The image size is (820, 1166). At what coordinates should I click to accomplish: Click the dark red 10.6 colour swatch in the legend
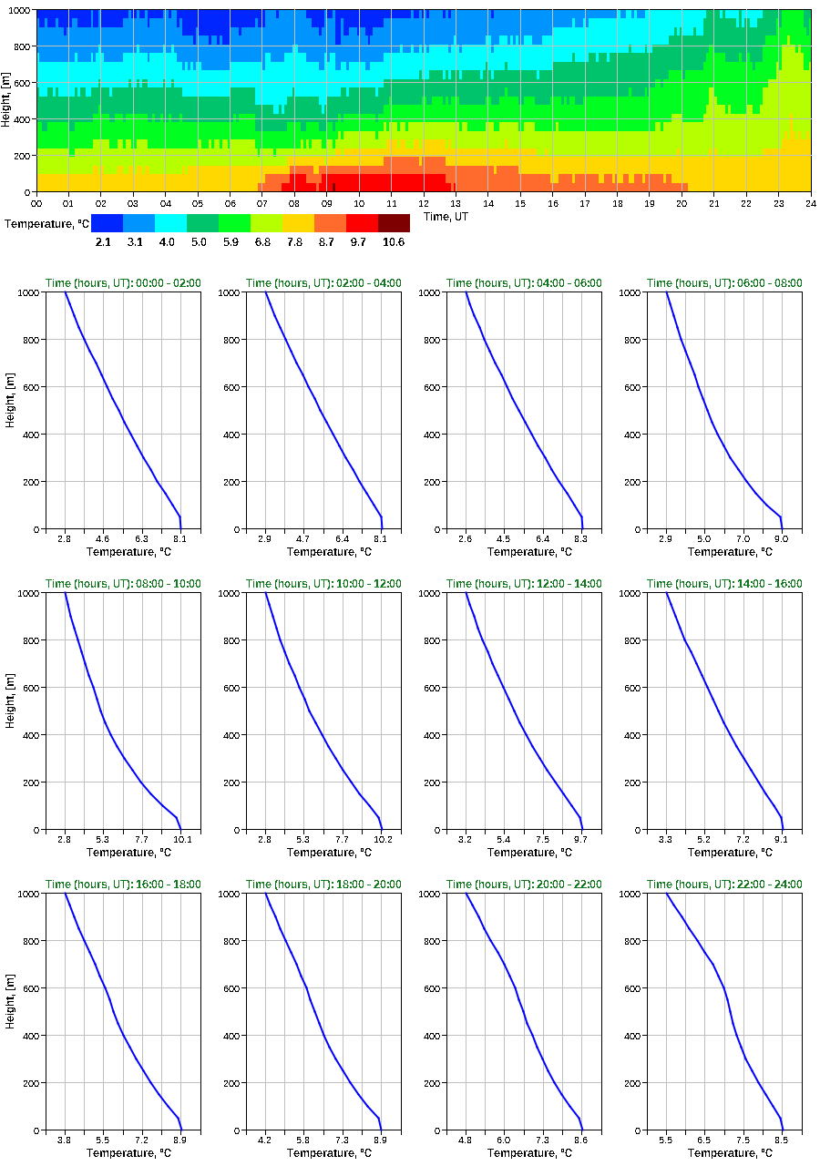394,223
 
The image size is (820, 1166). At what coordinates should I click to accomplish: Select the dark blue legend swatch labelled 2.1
107,223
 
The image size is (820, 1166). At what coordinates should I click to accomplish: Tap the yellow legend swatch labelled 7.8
298,223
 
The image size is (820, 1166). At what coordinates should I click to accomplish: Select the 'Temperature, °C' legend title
46,223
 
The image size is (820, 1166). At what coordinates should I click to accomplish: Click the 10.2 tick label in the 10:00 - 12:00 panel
382,839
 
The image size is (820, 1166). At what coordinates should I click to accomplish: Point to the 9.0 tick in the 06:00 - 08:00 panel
782,538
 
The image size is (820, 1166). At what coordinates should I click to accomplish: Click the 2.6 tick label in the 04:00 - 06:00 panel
466,538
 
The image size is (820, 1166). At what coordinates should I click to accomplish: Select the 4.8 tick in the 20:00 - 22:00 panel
466,1140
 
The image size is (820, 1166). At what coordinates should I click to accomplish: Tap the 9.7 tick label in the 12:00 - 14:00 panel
581,839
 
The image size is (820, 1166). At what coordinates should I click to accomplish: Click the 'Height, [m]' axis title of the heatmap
6,100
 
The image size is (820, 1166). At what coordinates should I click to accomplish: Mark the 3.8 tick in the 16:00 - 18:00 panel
65,1140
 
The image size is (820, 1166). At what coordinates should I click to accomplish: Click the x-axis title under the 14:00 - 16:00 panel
724,853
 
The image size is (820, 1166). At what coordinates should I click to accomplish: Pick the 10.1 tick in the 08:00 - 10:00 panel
181,839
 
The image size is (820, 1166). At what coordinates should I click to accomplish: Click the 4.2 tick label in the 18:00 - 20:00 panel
265,1140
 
